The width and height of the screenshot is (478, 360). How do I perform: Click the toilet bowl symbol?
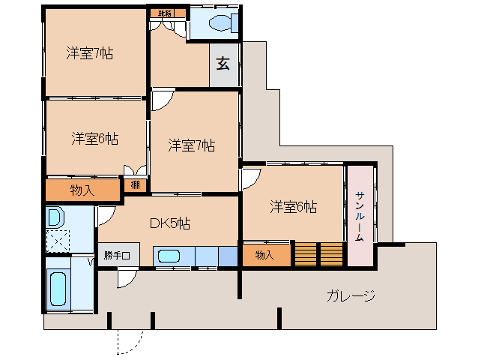(x=218, y=23)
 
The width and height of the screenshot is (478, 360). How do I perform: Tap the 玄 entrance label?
(x=223, y=64)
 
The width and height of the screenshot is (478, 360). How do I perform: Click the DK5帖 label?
(x=169, y=223)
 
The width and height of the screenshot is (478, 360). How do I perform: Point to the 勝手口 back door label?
(x=117, y=255)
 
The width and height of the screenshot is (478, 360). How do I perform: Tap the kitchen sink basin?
(x=169, y=256)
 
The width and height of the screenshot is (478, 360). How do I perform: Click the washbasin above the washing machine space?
(x=55, y=218)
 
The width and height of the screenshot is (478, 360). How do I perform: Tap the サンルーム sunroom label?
(x=360, y=216)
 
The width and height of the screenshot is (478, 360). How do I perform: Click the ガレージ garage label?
(x=350, y=295)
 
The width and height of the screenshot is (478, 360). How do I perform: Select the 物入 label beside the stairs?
(x=264, y=255)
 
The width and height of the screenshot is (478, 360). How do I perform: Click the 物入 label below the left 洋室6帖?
(x=82, y=190)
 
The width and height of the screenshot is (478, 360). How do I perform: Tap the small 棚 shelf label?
(x=134, y=184)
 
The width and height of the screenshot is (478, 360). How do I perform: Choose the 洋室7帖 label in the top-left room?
(x=88, y=53)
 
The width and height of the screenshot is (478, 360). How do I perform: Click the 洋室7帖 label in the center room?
(x=192, y=145)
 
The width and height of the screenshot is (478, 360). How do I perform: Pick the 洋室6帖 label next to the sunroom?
(x=293, y=206)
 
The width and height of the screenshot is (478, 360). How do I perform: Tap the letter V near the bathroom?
(x=91, y=262)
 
